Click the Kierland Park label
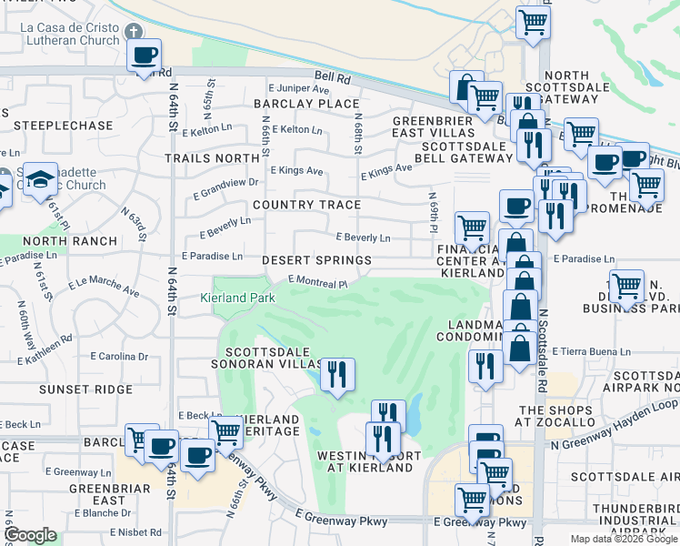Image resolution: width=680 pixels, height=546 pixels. point(250,298)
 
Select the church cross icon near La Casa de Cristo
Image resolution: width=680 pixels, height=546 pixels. point(134,32)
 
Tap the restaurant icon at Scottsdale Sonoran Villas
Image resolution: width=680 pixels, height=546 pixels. point(336,374)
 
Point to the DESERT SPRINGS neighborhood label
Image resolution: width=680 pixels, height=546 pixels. point(316,260)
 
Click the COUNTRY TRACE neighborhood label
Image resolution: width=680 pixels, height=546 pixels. point(306,205)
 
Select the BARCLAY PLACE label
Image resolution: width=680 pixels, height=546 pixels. point(307,104)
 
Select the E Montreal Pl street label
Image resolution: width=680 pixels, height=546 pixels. point(318,283)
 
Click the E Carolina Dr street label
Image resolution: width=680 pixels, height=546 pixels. point(119,356)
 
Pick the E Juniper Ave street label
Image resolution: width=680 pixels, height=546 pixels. point(299,89)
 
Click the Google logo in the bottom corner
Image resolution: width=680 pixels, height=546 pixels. point(30,535)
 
